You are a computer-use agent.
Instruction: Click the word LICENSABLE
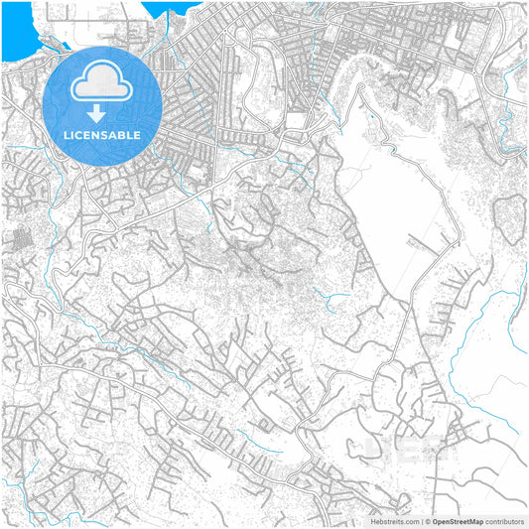click(x=103, y=135)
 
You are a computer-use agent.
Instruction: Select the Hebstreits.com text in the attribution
click(x=394, y=521)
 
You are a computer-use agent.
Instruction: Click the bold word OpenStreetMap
click(x=456, y=521)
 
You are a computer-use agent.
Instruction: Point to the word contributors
click(x=505, y=521)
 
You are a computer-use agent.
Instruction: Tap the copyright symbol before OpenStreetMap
click(x=427, y=521)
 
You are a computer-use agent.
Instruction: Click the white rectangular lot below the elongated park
click(x=295, y=120)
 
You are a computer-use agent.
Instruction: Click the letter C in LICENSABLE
click(x=83, y=135)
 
